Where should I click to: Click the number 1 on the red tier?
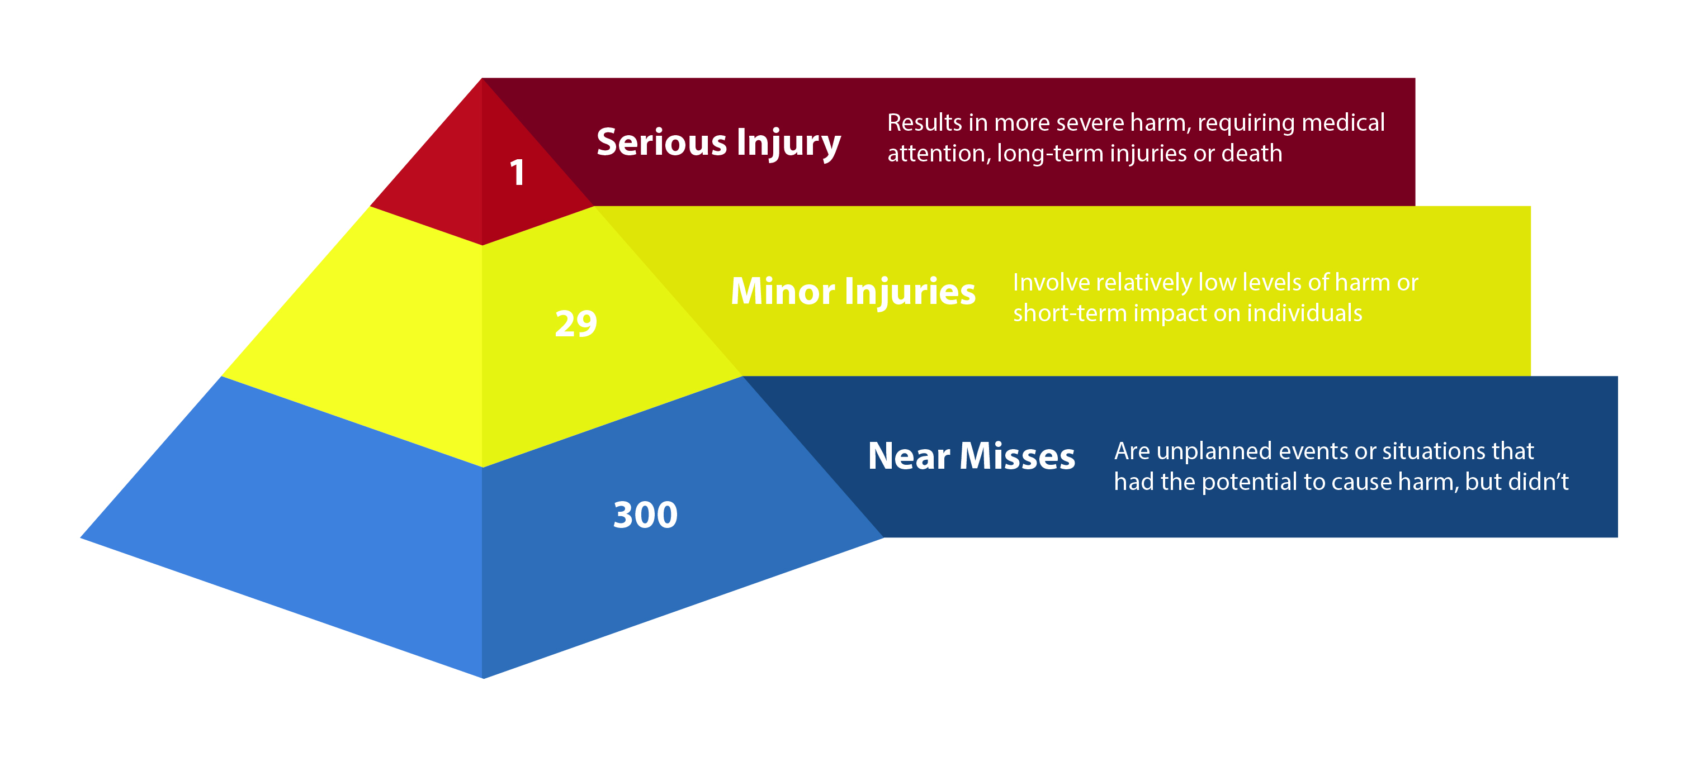click(x=517, y=173)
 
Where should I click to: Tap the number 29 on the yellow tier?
click(x=575, y=323)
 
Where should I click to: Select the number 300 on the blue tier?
click(x=645, y=515)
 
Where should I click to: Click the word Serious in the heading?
click(x=661, y=142)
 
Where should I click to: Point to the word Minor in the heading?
click(x=782, y=291)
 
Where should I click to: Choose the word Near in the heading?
click(x=909, y=456)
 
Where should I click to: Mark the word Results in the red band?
click(x=924, y=122)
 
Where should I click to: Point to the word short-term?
click(x=1069, y=313)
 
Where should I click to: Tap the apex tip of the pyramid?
click(x=483, y=79)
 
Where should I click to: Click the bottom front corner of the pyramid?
click(x=483, y=677)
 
